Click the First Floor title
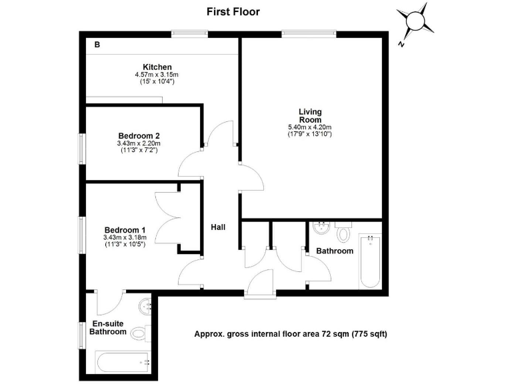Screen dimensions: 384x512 (x=233, y=11)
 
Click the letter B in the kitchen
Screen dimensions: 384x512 (x=97, y=45)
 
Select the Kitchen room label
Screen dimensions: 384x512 (x=157, y=67)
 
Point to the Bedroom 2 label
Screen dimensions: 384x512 (x=140, y=135)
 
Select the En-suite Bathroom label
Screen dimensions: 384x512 (x=107, y=327)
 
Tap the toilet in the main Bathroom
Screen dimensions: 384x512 (x=344, y=233)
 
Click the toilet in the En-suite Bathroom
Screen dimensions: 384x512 (x=139, y=332)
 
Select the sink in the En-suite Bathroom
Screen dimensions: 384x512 (x=146, y=307)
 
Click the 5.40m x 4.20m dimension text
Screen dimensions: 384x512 (x=309, y=127)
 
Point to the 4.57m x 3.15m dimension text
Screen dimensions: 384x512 (x=157, y=75)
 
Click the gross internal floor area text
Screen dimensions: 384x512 (x=290, y=333)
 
